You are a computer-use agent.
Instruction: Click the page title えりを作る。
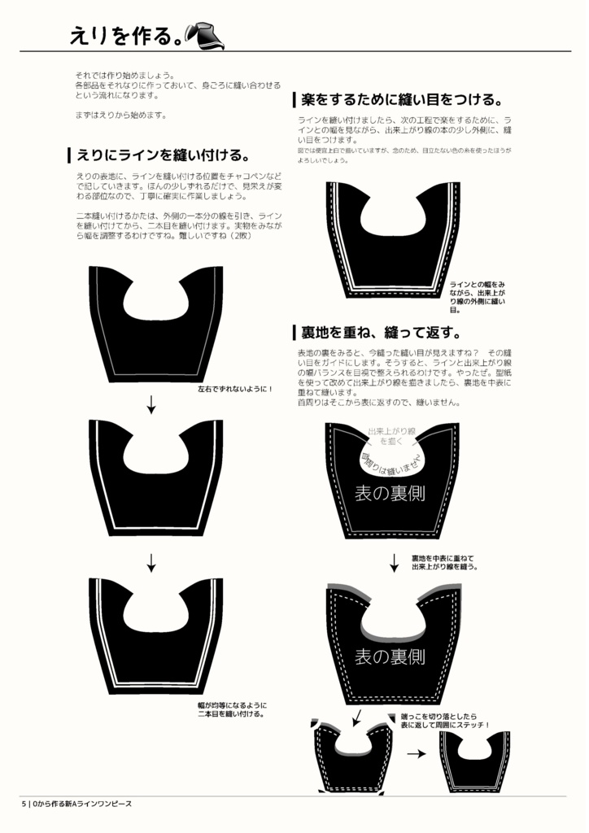[x=124, y=35]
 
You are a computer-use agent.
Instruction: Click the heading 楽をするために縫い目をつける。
[x=400, y=100]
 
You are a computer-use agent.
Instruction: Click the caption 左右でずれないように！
[x=235, y=389]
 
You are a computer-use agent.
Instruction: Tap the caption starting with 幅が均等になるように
[x=233, y=709]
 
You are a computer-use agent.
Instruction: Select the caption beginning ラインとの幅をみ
[x=478, y=296]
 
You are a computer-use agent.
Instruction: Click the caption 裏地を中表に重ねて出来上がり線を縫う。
[x=443, y=562]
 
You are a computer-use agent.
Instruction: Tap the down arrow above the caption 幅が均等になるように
[x=151, y=562]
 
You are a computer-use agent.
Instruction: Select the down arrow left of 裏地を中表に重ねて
[x=395, y=562]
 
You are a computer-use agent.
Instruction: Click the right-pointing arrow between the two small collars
[x=416, y=754]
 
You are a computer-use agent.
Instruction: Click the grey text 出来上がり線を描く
[x=391, y=435]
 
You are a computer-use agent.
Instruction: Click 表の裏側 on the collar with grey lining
[x=390, y=656]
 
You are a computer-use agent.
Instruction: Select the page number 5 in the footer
[x=24, y=803]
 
